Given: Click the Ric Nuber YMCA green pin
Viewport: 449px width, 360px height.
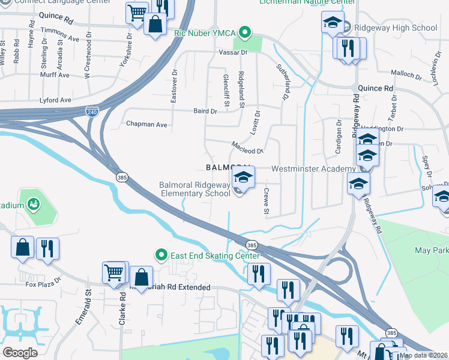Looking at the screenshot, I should pyautogui.click(x=244, y=32).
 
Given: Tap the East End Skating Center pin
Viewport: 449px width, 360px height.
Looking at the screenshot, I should pyautogui.click(x=161, y=256).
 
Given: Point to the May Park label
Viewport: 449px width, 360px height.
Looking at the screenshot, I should pyautogui.click(x=430, y=249).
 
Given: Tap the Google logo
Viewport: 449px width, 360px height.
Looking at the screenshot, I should pyautogui.click(x=20, y=353).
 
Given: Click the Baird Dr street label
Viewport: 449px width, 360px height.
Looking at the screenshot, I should pyautogui.click(x=205, y=111).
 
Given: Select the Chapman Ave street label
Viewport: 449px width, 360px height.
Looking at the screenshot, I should pyautogui.click(x=146, y=124).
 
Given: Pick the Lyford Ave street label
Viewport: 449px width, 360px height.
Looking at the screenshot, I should pyautogui.click(x=55, y=100).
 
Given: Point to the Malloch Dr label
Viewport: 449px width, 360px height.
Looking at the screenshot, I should pyautogui.click(x=406, y=75).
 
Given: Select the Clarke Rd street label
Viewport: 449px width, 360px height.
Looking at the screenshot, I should pyautogui.click(x=122, y=313).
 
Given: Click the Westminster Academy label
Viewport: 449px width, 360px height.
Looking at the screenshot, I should pyautogui.click(x=309, y=169).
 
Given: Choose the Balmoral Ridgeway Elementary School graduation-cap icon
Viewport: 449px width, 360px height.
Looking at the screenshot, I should pyautogui.click(x=243, y=176).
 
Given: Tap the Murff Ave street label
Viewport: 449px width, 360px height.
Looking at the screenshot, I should pyautogui.click(x=55, y=75).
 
